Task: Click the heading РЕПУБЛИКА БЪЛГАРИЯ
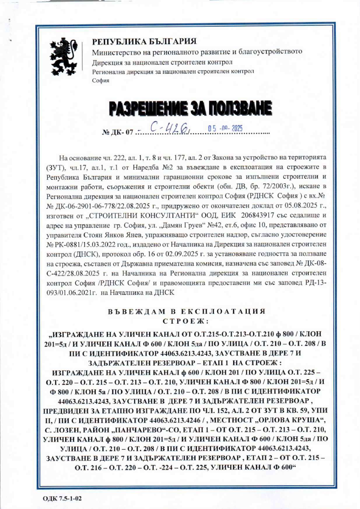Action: pos(145,42)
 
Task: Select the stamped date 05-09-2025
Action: pos(226,127)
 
